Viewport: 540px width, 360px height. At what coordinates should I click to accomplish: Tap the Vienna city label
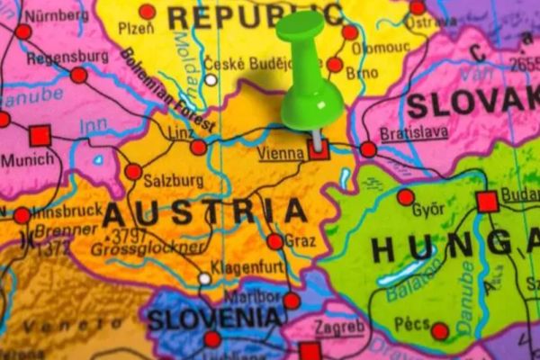coord(281,154)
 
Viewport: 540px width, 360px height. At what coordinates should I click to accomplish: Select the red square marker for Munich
coord(40,136)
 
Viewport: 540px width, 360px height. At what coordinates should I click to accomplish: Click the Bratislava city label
coord(414,132)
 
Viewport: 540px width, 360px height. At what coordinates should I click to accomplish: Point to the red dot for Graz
coord(275,241)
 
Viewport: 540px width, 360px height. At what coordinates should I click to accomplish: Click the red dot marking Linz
coord(198,147)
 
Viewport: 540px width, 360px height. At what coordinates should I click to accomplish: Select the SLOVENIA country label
coord(214,318)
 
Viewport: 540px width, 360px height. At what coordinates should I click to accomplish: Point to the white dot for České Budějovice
coord(211,79)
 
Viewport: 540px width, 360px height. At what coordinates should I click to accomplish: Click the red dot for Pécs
coord(440,331)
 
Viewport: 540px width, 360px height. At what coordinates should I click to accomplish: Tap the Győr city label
coord(427,211)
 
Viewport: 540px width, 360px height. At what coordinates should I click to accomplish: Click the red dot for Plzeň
coord(147,12)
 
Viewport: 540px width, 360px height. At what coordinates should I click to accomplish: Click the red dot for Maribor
coord(292,301)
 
